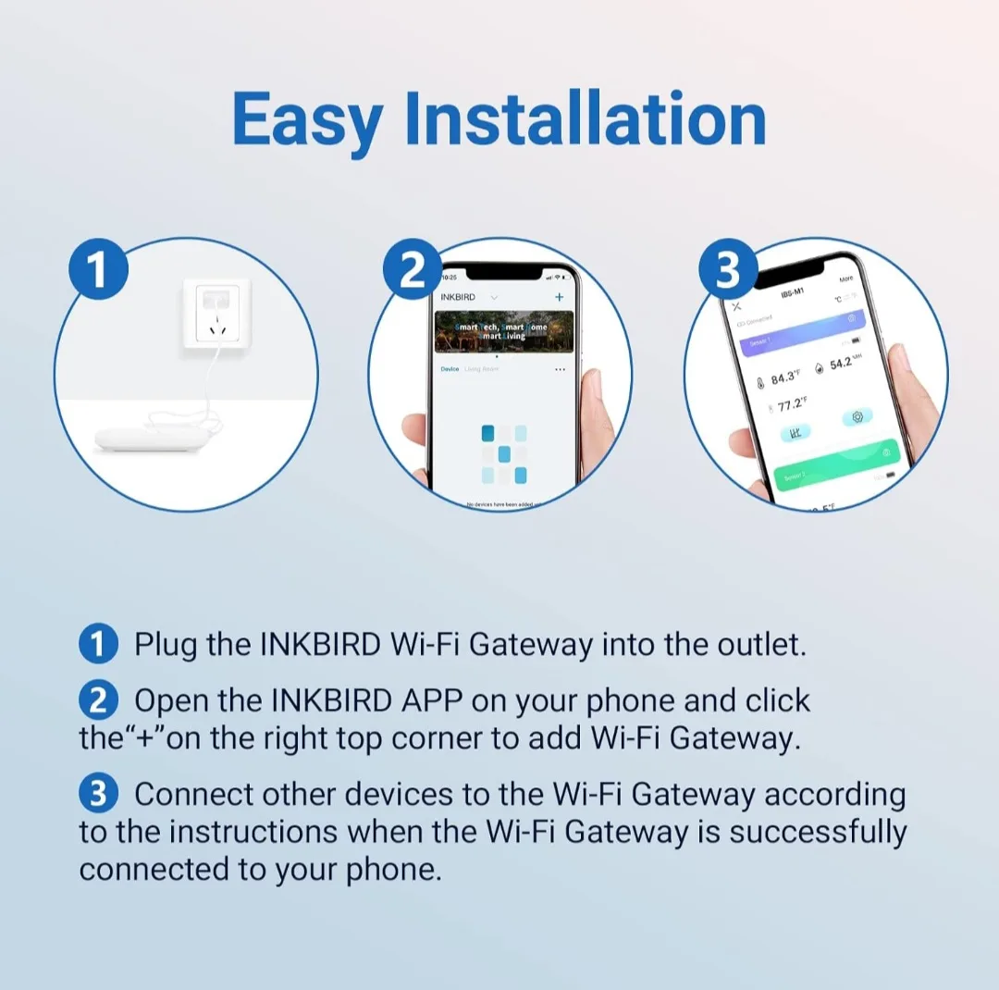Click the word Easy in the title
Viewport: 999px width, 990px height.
[307, 120]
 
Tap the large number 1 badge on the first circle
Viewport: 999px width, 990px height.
[97, 271]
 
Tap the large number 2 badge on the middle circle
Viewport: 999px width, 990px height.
[412, 271]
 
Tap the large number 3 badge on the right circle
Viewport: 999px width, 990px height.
[728, 271]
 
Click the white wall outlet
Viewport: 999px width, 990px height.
[212, 315]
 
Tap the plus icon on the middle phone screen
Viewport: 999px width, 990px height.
[559, 297]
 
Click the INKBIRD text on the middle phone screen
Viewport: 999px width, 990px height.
[458, 297]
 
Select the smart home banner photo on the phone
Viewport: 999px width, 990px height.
[504, 331]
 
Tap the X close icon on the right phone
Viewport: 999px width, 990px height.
[736, 306]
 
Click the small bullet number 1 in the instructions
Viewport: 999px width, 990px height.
[99, 644]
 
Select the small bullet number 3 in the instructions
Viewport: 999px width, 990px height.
[99, 794]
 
